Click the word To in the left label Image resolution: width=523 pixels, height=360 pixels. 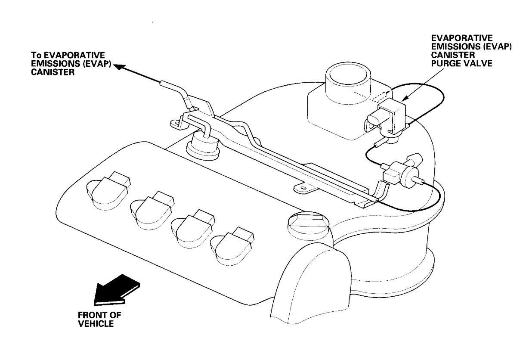click(36, 56)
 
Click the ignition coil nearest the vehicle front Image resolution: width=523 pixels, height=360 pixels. click(107, 189)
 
